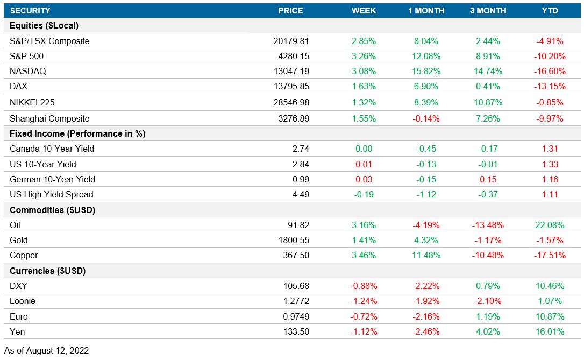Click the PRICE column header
tap(290, 11)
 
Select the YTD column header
tap(550, 11)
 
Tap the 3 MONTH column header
tap(488, 11)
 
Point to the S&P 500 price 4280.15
tap(291, 56)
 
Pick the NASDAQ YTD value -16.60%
tap(550, 71)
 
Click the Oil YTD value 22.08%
tap(550, 225)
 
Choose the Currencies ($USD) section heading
tap(48, 271)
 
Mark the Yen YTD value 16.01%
tap(550, 331)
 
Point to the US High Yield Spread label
tap(52, 194)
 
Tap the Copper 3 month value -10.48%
tap(488, 255)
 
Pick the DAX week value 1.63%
tap(364, 86)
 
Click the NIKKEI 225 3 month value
tap(488, 102)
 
